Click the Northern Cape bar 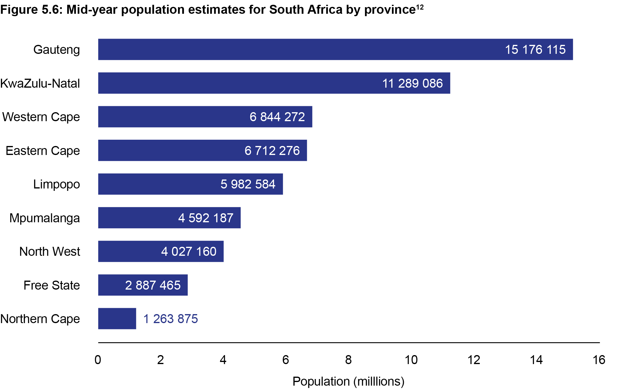pos(117,319)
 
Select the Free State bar pos(143,285)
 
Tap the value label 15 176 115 pos(535,50)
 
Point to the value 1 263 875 pos(170,319)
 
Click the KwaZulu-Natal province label pos(40,83)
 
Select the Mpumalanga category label pos(45,218)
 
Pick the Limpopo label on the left pos(56,184)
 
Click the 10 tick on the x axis pos(411,360)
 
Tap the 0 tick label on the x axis pos(98,360)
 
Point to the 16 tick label pos(599,360)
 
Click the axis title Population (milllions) pos(348,381)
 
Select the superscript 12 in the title pos(420,7)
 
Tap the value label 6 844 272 pos(277,117)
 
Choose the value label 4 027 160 pos(188,252)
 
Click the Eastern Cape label pos(43,151)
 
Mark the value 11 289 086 pos(412,83)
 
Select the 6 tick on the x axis pos(286,360)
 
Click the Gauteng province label pos(56,50)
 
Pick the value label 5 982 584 pos(248,184)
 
